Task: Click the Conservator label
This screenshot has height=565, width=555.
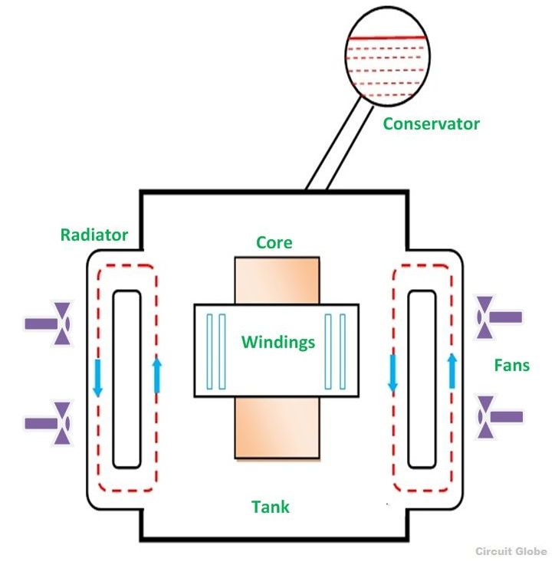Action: [431, 123]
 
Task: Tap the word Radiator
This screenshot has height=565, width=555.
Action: [94, 235]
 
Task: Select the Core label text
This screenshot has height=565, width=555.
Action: [274, 242]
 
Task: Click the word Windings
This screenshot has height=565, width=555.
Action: [278, 342]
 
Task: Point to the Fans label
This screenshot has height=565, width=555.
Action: [511, 365]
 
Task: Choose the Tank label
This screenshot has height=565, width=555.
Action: [271, 507]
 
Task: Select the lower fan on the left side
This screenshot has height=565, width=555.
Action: [49, 422]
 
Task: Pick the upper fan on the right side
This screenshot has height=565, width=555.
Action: [499, 317]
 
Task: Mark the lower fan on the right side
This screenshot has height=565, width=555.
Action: [499, 417]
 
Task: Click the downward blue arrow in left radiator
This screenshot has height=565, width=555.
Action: [97, 377]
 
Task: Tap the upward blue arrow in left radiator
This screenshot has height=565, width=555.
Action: [157, 375]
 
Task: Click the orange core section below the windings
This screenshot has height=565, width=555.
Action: [277, 429]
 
